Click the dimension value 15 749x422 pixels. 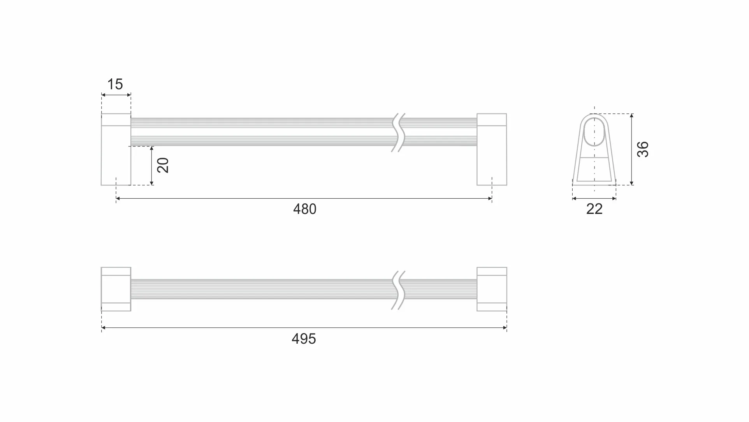tap(115, 84)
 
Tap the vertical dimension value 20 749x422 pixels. tap(163, 165)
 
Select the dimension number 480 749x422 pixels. tap(305, 209)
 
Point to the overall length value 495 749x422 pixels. tap(304, 339)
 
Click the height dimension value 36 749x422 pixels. tap(643, 149)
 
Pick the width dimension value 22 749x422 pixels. tap(594, 209)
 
